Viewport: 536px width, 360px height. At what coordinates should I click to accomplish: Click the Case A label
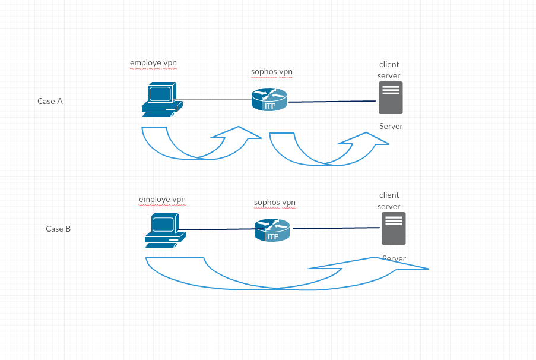50,102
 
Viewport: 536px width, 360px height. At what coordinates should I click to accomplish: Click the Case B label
58,229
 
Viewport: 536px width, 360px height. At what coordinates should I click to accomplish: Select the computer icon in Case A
162,100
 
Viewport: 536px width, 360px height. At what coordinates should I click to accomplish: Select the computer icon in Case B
165,230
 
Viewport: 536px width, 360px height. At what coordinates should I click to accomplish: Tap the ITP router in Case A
269,100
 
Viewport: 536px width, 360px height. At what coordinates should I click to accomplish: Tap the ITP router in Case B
272,230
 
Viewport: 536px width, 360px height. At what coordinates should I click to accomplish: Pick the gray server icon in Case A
391,98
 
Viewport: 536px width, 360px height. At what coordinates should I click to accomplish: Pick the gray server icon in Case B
394,229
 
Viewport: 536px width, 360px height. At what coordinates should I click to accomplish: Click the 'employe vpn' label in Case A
154,64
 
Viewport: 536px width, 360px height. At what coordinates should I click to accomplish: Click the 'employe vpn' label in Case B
163,200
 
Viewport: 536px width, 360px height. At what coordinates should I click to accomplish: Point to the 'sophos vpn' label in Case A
272,72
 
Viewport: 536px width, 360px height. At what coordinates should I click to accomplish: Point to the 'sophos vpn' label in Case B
275,203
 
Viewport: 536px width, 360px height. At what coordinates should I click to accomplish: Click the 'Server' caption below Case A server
391,127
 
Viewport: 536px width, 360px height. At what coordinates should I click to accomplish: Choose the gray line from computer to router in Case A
213,99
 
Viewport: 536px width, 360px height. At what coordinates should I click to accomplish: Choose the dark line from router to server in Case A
332,102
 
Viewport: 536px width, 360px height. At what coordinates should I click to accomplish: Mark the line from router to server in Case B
337,228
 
